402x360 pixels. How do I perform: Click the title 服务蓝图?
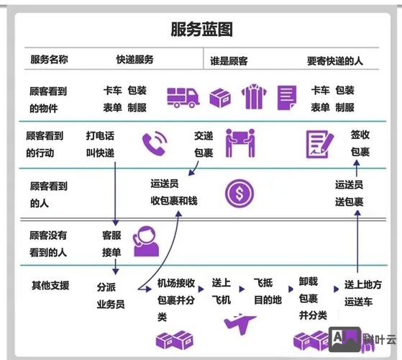[x=201, y=30]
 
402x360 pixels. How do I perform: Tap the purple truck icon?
[x=183, y=97]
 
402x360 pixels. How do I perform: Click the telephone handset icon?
[x=154, y=144]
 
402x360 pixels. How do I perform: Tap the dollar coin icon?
[x=239, y=193]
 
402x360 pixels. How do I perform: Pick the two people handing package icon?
[x=240, y=143]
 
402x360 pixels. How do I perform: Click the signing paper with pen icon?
[x=318, y=143]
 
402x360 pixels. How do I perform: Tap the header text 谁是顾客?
[x=229, y=61]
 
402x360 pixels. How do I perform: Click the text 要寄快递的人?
[x=334, y=61]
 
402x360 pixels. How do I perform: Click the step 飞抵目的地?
[x=268, y=291]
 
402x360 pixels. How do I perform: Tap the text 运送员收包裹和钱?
[x=173, y=193]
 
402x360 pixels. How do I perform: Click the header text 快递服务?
[x=134, y=60]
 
